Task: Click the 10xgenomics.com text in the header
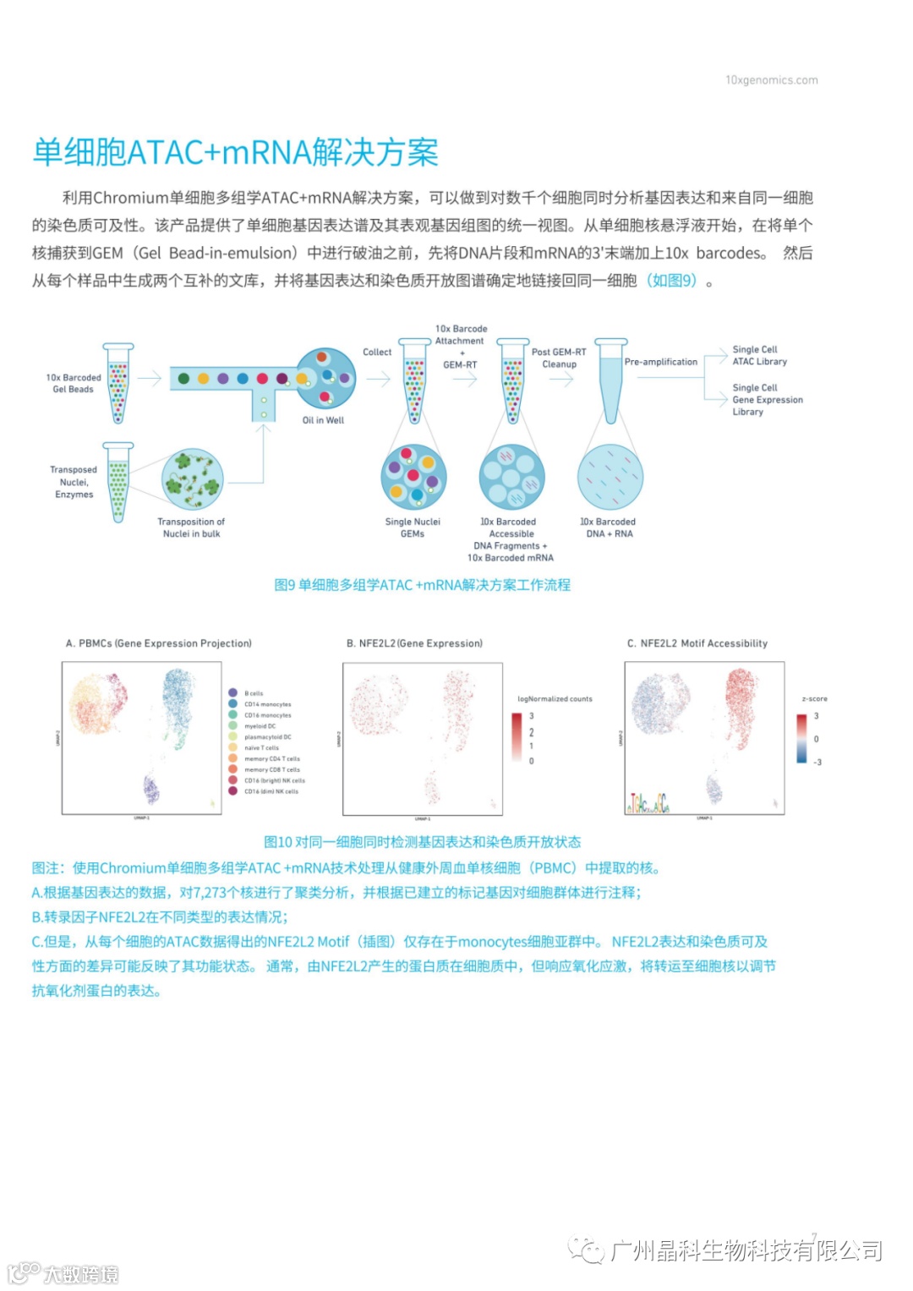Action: (x=771, y=80)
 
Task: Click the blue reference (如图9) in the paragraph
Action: (x=671, y=281)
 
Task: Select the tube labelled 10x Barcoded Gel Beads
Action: (x=118, y=384)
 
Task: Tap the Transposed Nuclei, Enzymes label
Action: (x=74, y=482)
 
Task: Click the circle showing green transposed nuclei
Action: (x=192, y=479)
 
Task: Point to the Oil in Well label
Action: (x=323, y=420)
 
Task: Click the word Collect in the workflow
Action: (x=377, y=352)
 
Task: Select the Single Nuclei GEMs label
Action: (x=413, y=528)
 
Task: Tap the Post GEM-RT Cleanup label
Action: (x=559, y=358)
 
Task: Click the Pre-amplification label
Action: (x=661, y=362)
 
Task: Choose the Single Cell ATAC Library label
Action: (x=759, y=355)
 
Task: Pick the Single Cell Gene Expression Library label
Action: (x=767, y=399)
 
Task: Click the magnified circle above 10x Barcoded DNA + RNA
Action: (x=610, y=477)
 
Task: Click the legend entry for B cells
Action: (x=253, y=693)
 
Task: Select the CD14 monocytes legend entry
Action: (x=267, y=704)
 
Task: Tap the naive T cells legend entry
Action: (x=260, y=748)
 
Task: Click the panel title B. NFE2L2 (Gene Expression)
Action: (x=414, y=643)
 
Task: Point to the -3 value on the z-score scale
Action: (x=817, y=763)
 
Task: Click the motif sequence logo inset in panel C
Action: (x=648, y=803)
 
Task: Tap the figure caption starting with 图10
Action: (x=423, y=842)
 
